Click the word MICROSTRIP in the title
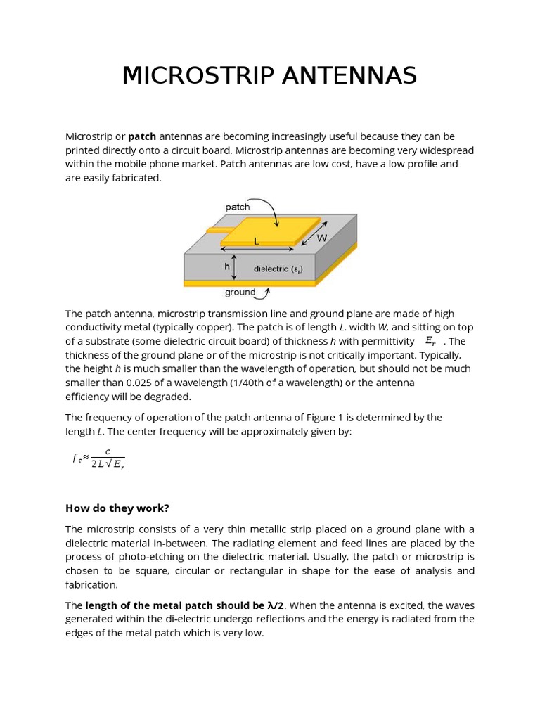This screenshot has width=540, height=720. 198,75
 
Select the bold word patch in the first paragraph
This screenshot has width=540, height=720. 142,136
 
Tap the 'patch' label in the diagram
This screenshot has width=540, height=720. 237,207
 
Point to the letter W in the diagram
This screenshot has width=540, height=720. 322,238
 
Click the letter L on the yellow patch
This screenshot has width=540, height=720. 257,241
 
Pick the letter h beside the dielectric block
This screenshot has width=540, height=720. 227,267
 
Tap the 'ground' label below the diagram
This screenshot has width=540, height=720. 240,292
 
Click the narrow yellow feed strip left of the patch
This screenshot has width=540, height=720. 219,230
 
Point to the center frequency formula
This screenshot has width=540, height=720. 98,458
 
